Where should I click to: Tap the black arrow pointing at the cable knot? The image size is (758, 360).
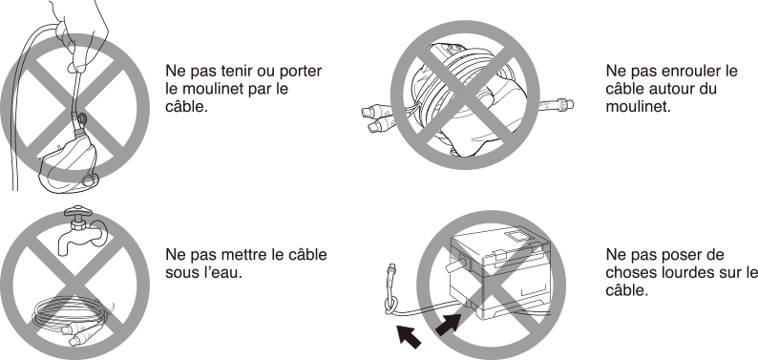click(x=408, y=336)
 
